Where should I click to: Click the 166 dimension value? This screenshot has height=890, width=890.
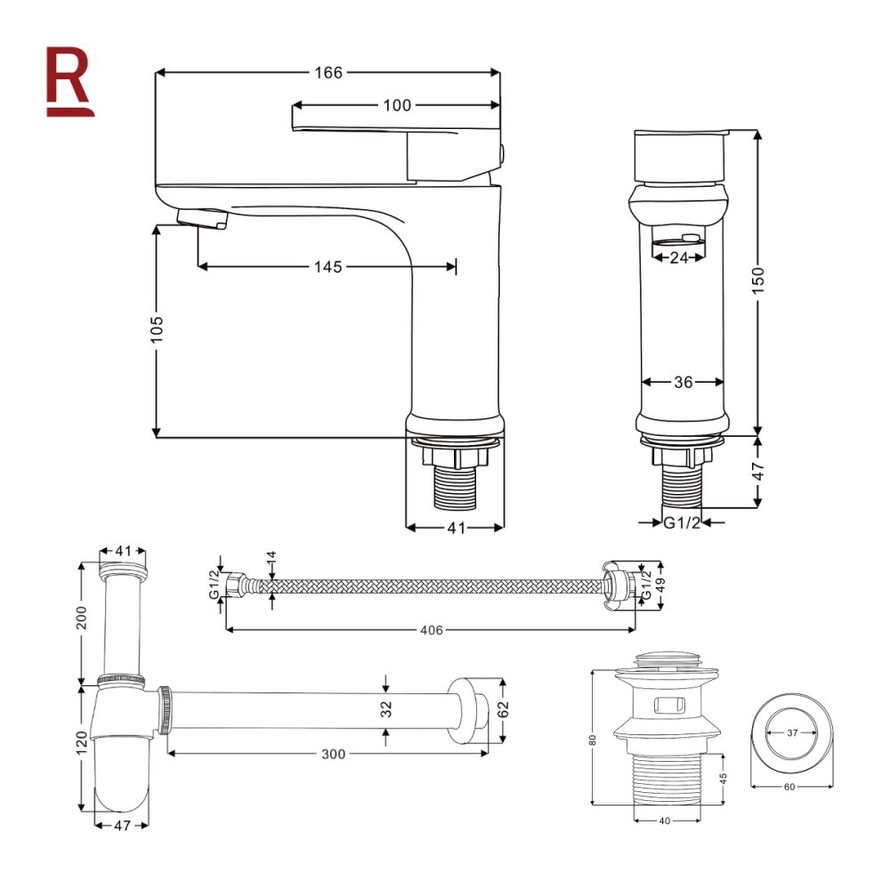(x=328, y=73)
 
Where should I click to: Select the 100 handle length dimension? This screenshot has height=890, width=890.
(x=397, y=105)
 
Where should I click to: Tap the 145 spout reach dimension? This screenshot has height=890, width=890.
(x=328, y=266)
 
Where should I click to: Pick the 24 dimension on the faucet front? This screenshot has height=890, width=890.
(x=679, y=258)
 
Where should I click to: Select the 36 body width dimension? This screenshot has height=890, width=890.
(x=683, y=382)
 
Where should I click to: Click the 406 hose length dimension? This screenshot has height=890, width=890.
(x=432, y=630)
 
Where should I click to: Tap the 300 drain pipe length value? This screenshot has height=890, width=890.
(x=332, y=754)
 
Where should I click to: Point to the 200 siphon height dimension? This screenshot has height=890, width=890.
(x=82, y=617)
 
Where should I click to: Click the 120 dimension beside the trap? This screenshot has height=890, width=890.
(x=82, y=740)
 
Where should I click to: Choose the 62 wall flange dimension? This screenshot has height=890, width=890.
(x=505, y=709)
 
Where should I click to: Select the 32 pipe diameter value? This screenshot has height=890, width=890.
(x=386, y=709)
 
